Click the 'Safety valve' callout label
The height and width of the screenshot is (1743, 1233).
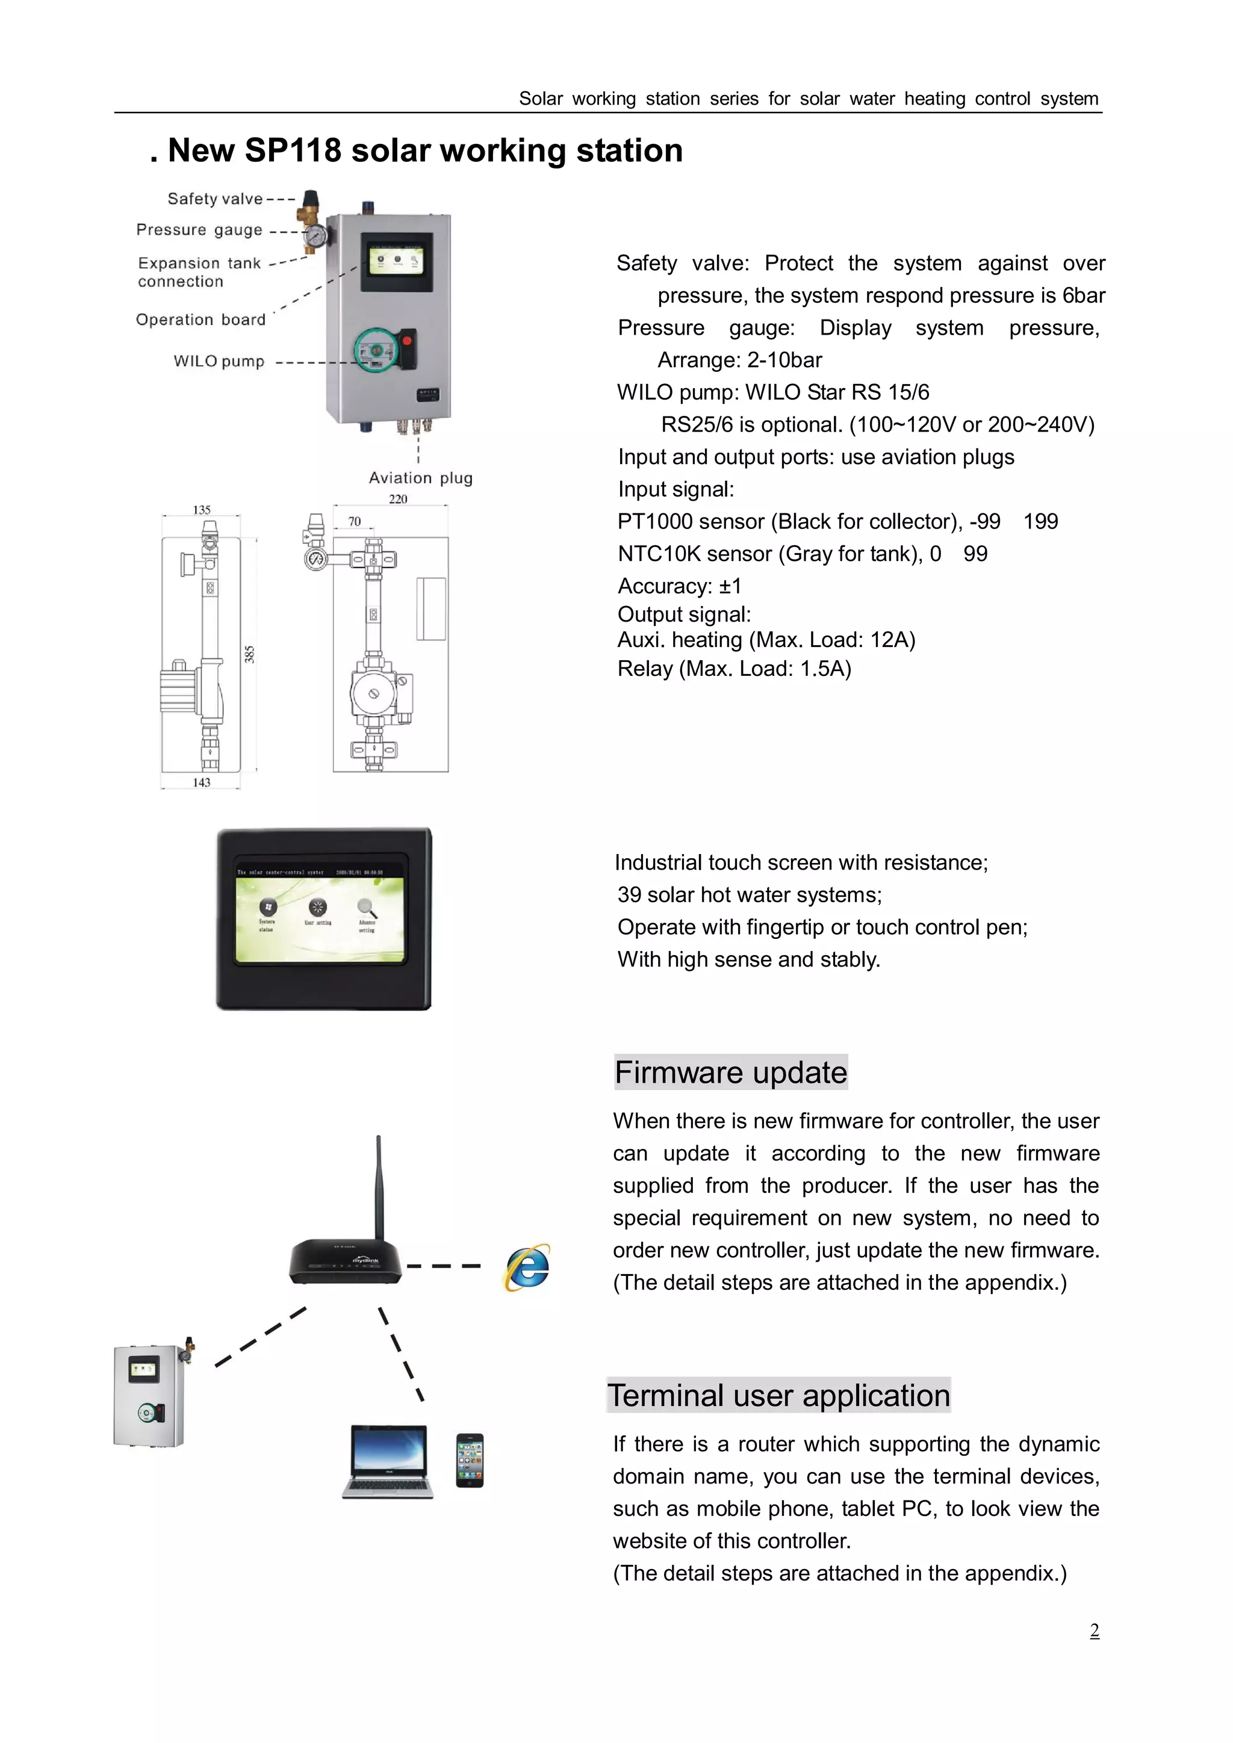pyautogui.click(x=215, y=199)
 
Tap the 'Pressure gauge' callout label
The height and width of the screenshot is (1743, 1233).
pyautogui.click(x=199, y=230)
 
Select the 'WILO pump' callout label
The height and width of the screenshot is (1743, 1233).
pyautogui.click(x=219, y=361)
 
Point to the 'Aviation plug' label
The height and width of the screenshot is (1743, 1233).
pyautogui.click(x=421, y=478)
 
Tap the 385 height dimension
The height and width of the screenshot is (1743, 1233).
pyautogui.click(x=250, y=654)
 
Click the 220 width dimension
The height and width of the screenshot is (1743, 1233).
pyautogui.click(x=398, y=499)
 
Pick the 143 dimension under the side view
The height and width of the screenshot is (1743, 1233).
pyautogui.click(x=201, y=782)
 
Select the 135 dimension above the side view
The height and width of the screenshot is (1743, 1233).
pyautogui.click(x=201, y=510)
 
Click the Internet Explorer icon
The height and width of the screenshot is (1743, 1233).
pyautogui.click(x=527, y=1267)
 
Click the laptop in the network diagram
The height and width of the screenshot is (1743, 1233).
pyautogui.click(x=388, y=1461)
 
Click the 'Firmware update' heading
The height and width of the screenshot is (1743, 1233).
pyautogui.click(x=730, y=1072)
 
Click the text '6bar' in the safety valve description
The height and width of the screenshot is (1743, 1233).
pyautogui.click(x=1084, y=296)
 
